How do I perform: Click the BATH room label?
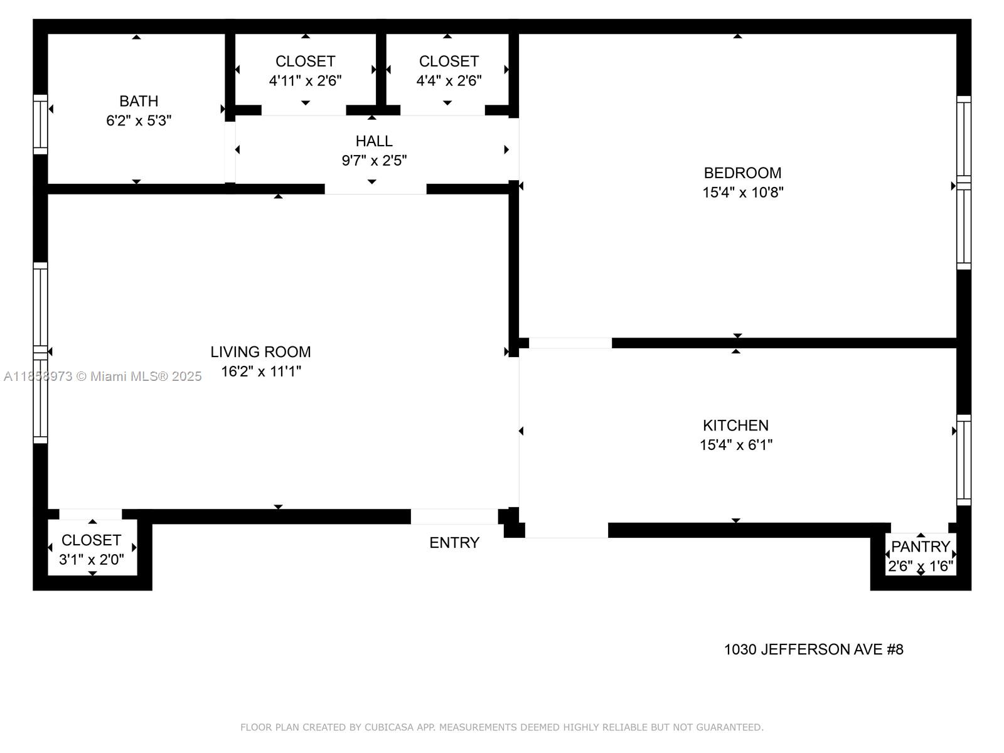[x=139, y=101]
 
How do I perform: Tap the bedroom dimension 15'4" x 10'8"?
[x=742, y=192]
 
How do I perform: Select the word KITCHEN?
[x=735, y=425]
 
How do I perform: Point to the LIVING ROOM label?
[x=260, y=352]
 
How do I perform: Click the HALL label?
[x=374, y=141]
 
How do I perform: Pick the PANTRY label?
[x=921, y=547]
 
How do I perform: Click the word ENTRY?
[x=454, y=543]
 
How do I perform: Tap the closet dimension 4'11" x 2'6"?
[x=305, y=81]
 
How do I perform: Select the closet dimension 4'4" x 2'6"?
[x=449, y=81]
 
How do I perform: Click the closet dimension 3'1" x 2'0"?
[x=92, y=560]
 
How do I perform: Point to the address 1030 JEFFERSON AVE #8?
[x=813, y=649]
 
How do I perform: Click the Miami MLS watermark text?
[x=102, y=376]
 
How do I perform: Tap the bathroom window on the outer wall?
[x=41, y=124]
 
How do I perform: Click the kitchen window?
[x=963, y=460]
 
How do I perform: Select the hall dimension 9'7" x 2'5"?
[x=374, y=161]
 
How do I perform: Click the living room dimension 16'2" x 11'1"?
[x=260, y=371]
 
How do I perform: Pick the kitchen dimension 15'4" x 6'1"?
[x=735, y=445]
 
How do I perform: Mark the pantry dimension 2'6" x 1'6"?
[x=921, y=566]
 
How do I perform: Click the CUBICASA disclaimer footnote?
[x=502, y=727]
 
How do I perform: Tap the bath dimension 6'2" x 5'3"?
[x=139, y=120]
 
